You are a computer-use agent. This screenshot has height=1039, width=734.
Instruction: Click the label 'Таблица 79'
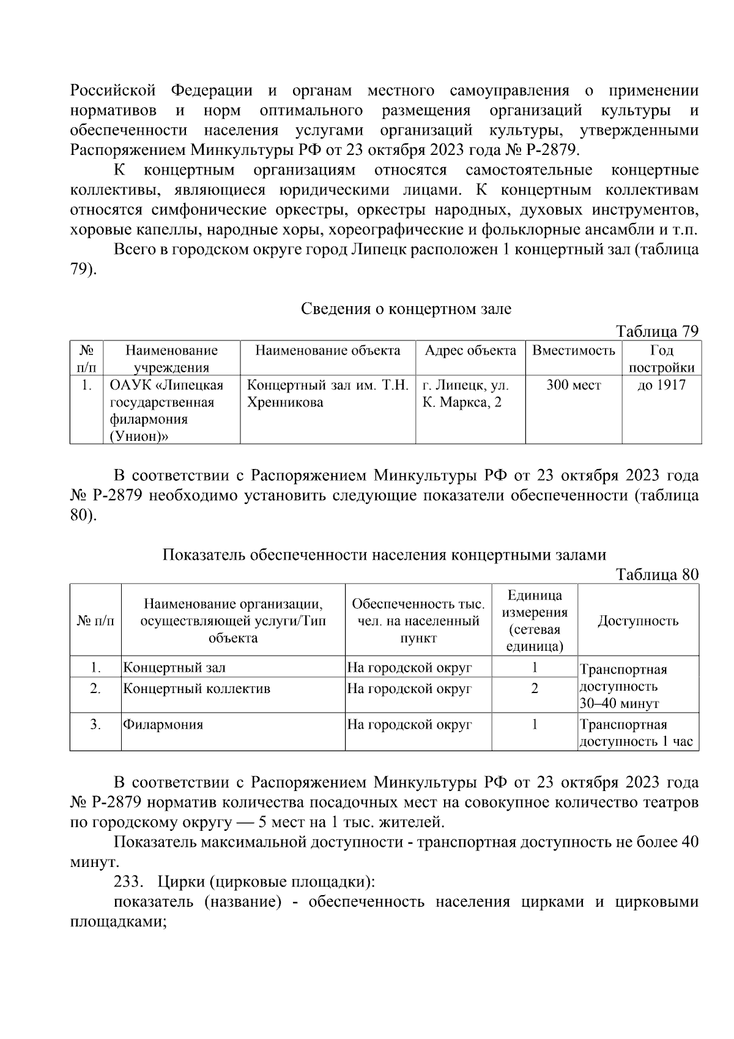coord(657,331)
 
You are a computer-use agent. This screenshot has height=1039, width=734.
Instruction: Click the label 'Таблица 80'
coord(657,574)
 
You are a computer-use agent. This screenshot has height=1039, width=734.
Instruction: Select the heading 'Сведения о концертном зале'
coord(406,309)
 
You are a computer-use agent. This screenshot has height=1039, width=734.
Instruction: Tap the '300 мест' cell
coord(573,385)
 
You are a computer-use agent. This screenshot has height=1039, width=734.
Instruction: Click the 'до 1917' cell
coord(661,385)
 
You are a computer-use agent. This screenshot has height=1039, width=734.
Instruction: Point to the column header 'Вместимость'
coord(573,351)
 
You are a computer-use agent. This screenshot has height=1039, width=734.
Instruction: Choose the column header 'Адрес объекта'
coord(470,351)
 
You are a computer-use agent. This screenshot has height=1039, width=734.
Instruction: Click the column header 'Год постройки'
coord(661,359)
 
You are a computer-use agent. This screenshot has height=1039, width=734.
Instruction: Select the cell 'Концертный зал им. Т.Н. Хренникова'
coord(327,394)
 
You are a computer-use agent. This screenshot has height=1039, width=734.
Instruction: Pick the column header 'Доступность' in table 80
coord(637,621)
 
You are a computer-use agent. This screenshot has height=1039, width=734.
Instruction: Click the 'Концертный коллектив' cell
coord(197,689)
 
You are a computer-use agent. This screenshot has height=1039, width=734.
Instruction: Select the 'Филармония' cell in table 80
coord(163,725)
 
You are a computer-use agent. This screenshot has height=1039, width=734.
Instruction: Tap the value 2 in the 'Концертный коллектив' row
coord(534,689)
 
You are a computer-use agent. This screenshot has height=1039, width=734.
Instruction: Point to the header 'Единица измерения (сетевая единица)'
coord(534,621)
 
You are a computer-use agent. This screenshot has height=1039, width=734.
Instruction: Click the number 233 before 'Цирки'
coord(127,882)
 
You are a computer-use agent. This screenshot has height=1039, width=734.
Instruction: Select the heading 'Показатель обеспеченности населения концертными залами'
coord(384,555)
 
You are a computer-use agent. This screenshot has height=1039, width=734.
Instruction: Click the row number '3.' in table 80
coord(95,725)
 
